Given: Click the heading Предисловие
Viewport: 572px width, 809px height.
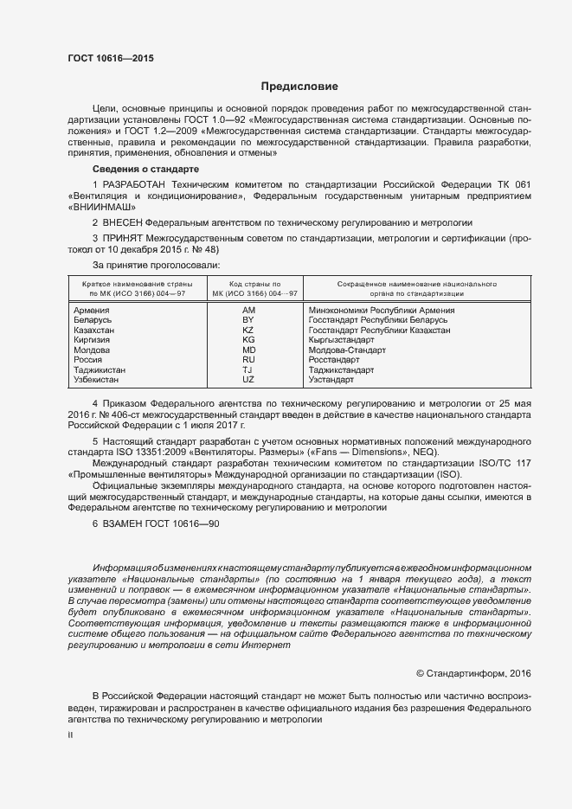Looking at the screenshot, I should (x=299, y=87).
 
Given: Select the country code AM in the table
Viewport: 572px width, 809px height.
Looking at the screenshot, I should (x=249, y=310).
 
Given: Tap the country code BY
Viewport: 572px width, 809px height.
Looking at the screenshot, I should (x=248, y=320).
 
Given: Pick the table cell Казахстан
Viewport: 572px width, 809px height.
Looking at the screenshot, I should (x=94, y=331).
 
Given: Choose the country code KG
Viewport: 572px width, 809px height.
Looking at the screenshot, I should (x=248, y=340).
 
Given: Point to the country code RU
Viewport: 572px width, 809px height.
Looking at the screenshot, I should (x=248, y=359).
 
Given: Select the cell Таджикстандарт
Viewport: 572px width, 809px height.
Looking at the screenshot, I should (x=341, y=369).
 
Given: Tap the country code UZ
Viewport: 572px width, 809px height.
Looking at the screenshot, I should (x=248, y=379).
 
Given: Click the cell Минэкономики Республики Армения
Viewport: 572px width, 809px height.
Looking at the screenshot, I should (x=381, y=310).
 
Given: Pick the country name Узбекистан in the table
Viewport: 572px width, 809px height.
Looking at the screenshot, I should (x=98, y=379).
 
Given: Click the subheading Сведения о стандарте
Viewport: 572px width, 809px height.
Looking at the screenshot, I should (x=145, y=168).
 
